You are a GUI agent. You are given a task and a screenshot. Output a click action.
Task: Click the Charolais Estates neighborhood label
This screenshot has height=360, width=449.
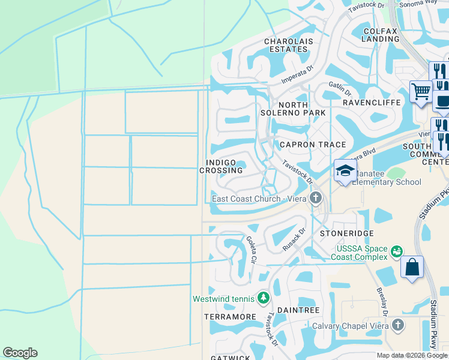click(x=286, y=45)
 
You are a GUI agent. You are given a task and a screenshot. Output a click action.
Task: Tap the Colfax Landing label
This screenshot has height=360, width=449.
click(x=381, y=34)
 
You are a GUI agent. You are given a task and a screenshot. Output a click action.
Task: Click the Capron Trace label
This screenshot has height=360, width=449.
click(x=313, y=145)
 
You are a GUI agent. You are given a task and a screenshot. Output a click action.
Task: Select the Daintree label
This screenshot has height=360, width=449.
click(x=298, y=310)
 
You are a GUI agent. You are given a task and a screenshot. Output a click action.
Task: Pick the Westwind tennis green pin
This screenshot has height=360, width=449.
click(x=263, y=298)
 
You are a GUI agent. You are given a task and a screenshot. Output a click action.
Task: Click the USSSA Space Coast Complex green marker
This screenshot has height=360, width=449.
click(x=396, y=251)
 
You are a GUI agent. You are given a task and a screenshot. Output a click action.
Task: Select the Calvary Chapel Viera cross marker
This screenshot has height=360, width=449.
click(x=397, y=326)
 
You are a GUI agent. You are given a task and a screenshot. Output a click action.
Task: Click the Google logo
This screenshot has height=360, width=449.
click(x=20, y=353)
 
